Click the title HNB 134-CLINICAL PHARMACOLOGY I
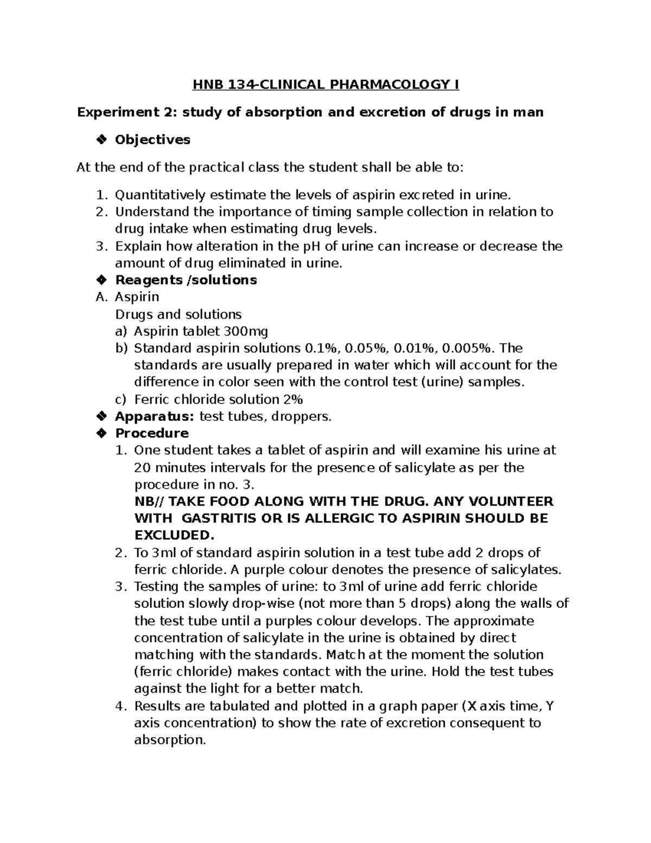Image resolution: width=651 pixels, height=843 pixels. pos(326,85)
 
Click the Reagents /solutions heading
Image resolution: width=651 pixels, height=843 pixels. pos(186,280)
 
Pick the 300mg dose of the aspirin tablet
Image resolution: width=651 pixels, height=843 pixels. pos(246,331)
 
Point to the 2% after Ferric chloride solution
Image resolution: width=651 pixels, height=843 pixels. pos(292,400)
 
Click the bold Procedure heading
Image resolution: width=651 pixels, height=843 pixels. pos(152,433)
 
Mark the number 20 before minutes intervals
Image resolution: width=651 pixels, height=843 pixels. pos(143,467)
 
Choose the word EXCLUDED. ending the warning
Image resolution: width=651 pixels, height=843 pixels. pos(174,535)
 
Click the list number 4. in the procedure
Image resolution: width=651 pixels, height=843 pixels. pos(120,706)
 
